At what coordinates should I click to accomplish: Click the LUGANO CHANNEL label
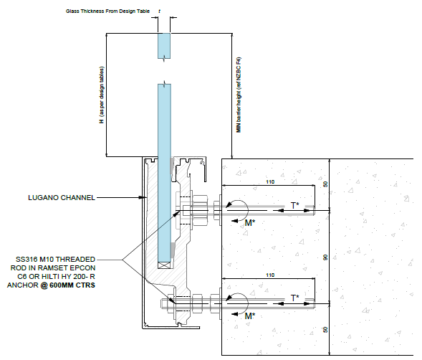pyautogui.click(x=62, y=198)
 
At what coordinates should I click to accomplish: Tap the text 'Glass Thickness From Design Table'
pyautogui.click(x=107, y=11)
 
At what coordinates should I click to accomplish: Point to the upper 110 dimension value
pyautogui.click(x=270, y=182)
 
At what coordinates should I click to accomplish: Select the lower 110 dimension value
pyautogui.click(x=270, y=275)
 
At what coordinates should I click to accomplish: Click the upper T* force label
pyautogui.click(x=295, y=206)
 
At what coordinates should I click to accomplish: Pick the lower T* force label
pyautogui.click(x=295, y=298)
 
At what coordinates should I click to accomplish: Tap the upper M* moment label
pyautogui.click(x=250, y=223)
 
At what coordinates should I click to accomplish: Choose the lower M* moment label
pyautogui.click(x=250, y=316)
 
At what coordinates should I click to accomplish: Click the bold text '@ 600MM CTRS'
pyautogui.click(x=68, y=285)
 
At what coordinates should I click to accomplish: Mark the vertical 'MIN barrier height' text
pyautogui.click(x=239, y=95)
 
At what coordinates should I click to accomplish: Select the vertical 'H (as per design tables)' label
pyautogui.click(x=102, y=95)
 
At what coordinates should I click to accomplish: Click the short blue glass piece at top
pyautogui.click(x=164, y=46)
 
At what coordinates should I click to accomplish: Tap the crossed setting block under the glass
pyautogui.click(x=164, y=265)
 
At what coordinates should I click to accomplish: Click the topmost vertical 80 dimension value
pyautogui.click(x=325, y=184)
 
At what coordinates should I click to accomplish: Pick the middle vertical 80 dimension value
pyautogui.click(x=325, y=257)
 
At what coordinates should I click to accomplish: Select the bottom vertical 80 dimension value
pyautogui.click(x=325, y=330)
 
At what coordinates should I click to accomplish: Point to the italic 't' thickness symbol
pyautogui.click(x=159, y=11)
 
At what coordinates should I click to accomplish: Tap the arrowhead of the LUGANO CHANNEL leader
pyautogui.click(x=144, y=197)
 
